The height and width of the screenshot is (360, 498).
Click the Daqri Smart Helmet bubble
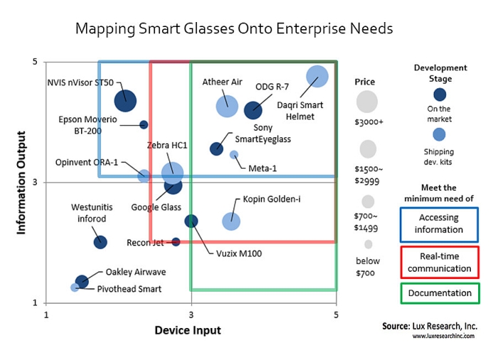point(317,76)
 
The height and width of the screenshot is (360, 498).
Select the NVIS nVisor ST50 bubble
point(125,100)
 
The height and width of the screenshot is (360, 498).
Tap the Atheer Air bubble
point(227,106)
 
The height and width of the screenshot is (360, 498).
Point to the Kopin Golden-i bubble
point(231,221)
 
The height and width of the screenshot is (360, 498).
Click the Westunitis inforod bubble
point(100,242)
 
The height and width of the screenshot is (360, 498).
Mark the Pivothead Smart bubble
point(75,287)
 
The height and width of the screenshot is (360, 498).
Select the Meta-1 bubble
point(234,154)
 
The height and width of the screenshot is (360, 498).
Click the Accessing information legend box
point(439,223)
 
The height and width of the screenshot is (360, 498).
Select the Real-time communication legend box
point(439,263)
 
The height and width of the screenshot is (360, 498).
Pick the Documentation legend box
point(439,293)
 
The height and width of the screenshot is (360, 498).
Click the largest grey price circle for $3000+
point(367,101)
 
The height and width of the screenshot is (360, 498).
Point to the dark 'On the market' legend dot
point(440,94)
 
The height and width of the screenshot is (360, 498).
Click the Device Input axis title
point(188,330)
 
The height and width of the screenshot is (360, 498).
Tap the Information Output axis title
point(22,181)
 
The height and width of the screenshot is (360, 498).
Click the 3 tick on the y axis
point(35,183)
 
